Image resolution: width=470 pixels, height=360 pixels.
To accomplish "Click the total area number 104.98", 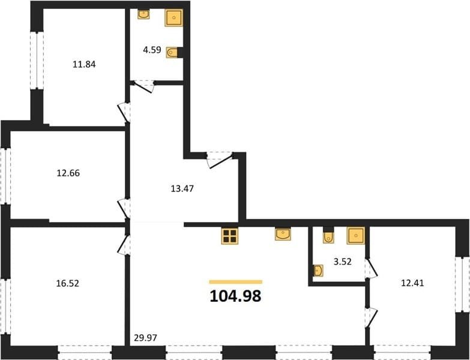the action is pyautogui.click(x=235, y=296).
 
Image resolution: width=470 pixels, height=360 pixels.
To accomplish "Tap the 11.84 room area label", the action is pyautogui.click(x=84, y=64).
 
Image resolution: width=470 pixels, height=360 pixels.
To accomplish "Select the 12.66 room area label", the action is pyautogui.click(x=68, y=173).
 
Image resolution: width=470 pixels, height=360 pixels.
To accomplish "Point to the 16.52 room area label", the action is pyautogui.click(x=68, y=283).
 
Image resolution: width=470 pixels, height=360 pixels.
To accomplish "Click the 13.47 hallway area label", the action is pyautogui.click(x=182, y=188).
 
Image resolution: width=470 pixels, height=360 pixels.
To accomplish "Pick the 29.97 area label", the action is pyautogui.click(x=145, y=338).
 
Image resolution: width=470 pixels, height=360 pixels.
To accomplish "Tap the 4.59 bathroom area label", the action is pyautogui.click(x=152, y=50).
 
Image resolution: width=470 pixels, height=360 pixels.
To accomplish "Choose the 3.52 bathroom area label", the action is pyautogui.click(x=343, y=262).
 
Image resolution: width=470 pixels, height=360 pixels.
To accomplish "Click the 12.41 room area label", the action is pyautogui.click(x=412, y=283).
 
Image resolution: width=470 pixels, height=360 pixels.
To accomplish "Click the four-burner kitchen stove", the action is pyautogui.click(x=230, y=236).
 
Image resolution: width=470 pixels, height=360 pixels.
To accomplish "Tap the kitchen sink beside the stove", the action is pyautogui.click(x=283, y=234).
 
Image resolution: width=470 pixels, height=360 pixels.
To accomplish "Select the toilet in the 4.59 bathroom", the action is pyautogui.click(x=172, y=53).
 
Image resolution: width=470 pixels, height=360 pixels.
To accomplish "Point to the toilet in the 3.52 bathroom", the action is pyautogui.click(x=328, y=236).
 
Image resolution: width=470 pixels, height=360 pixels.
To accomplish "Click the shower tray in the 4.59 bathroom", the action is pyautogui.click(x=174, y=18).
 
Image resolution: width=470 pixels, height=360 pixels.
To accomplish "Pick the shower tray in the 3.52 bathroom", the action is pyautogui.click(x=356, y=235).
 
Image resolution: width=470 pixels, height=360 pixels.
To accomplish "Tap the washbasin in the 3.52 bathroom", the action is pyautogui.click(x=318, y=271).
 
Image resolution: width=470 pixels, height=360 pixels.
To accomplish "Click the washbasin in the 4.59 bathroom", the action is pyautogui.click(x=143, y=14).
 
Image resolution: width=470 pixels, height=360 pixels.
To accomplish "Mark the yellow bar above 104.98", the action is pyautogui.click(x=235, y=282).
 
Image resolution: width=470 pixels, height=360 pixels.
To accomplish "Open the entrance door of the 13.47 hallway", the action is pyautogui.click(x=220, y=160).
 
